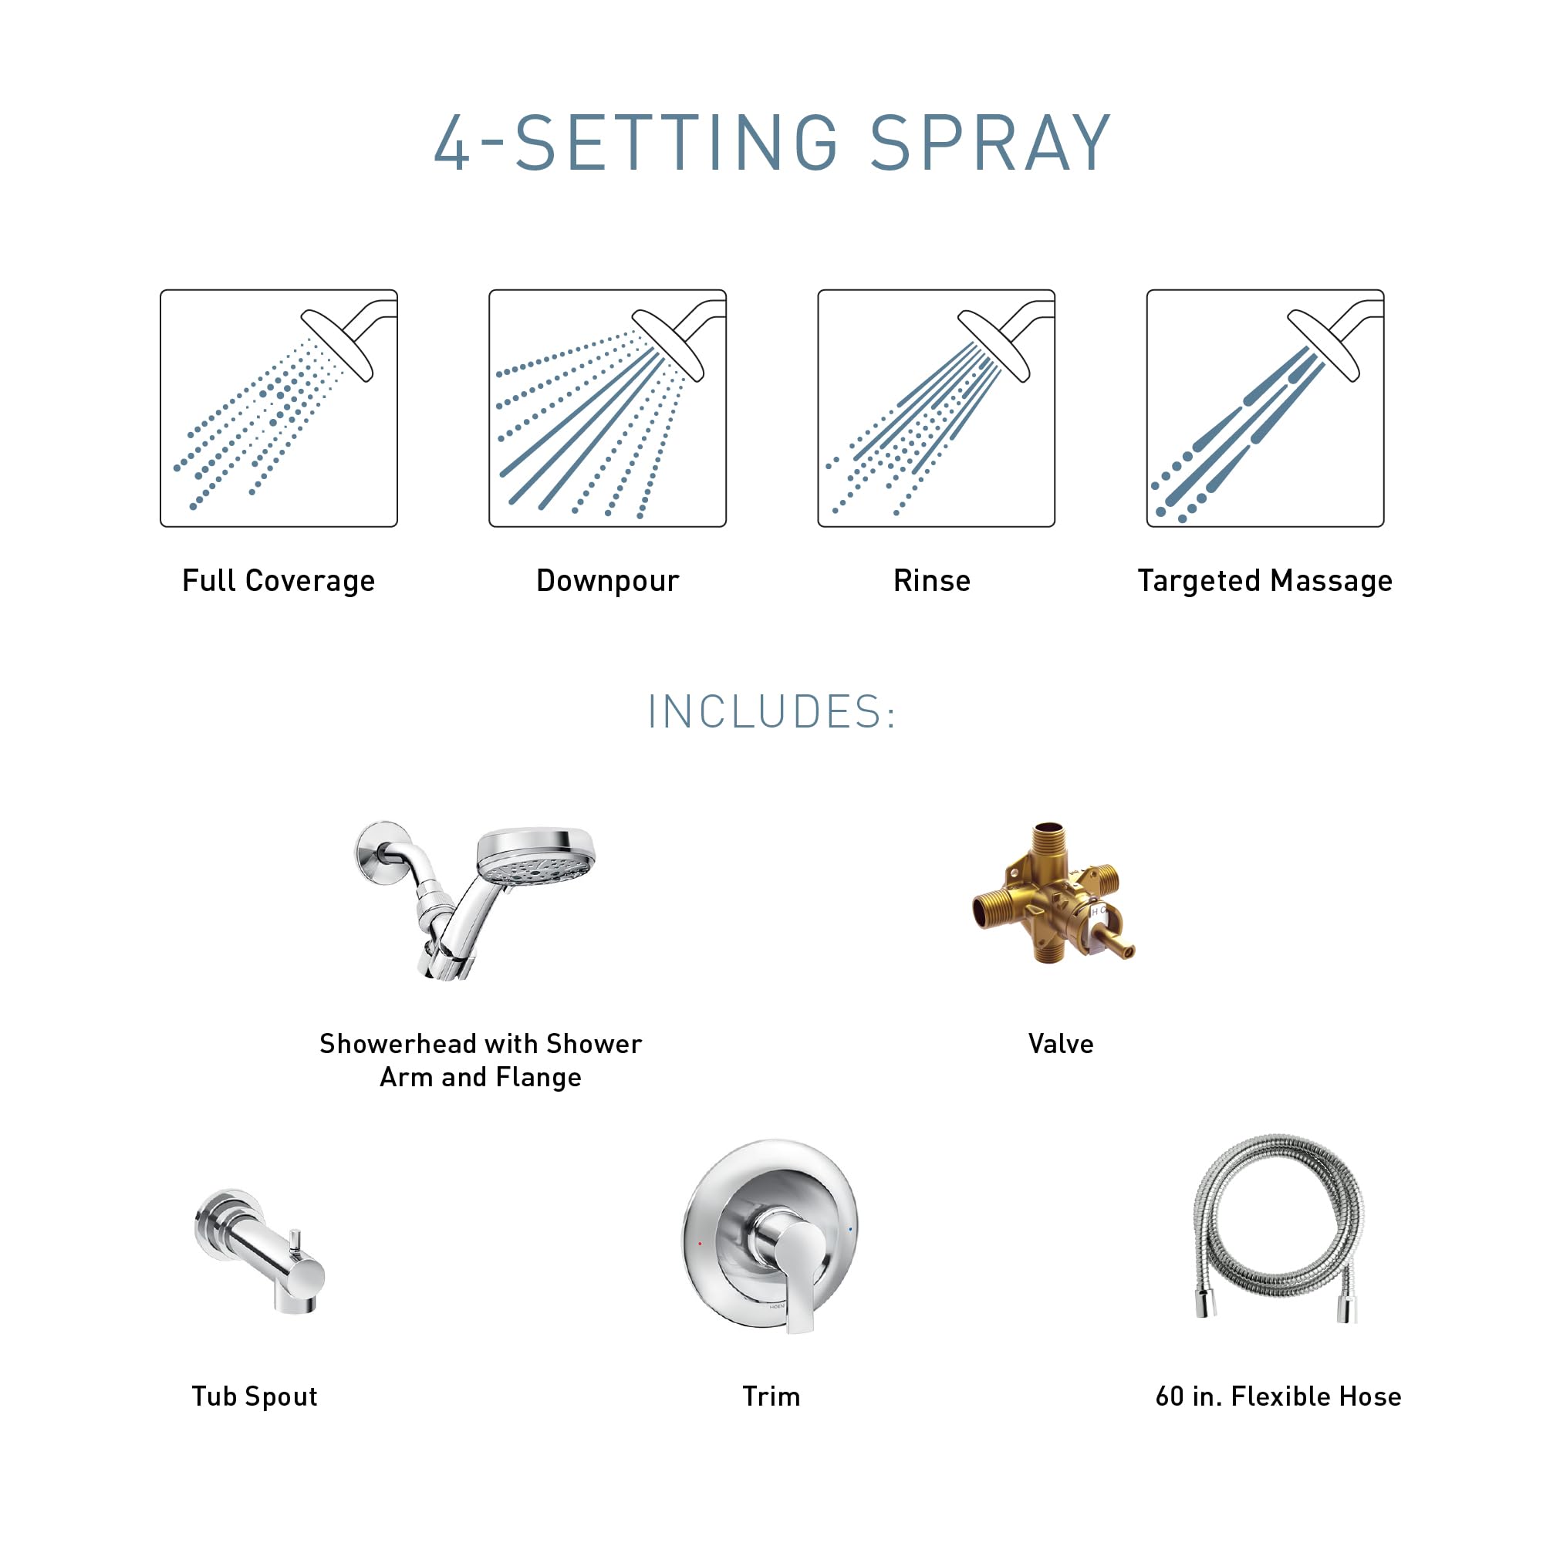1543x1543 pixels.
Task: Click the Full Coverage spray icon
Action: click(279, 408)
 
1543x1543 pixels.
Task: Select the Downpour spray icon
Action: click(607, 408)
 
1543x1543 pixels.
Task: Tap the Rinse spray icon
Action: click(936, 408)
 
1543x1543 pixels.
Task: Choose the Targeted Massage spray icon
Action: click(1265, 408)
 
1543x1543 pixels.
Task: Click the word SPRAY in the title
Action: click(990, 143)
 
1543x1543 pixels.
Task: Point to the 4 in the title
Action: click(453, 143)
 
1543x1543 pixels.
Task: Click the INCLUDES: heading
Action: click(771, 711)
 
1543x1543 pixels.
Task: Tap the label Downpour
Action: click(607, 581)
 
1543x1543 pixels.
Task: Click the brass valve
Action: click(1052, 894)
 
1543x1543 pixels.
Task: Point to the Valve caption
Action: click(1061, 1044)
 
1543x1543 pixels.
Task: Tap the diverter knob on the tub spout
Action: click(295, 1241)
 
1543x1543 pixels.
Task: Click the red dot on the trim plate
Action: click(701, 1244)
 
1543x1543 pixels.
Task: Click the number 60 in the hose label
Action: click(1170, 1396)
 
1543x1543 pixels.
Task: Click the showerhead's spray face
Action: click(537, 867)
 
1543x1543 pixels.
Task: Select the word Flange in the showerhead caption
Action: click(538, 1077)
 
